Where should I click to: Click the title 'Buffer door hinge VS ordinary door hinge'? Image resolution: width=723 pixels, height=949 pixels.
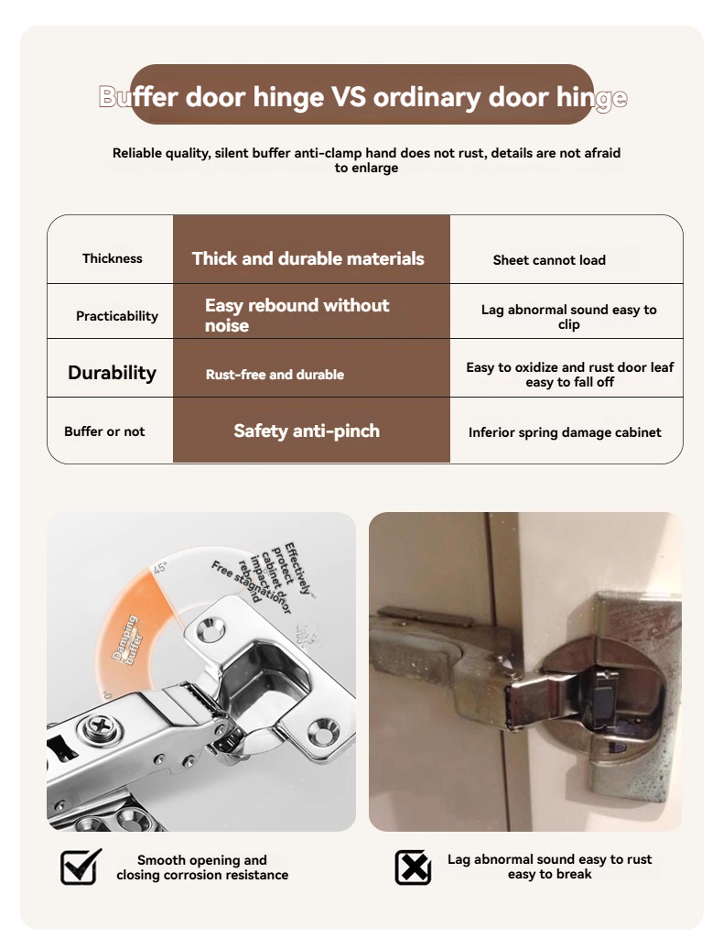click(x=362, y=96)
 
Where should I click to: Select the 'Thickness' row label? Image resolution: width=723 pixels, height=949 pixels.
click(x=113, y=258)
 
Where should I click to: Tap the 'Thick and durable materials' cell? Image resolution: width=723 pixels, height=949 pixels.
click(x=308, y=258)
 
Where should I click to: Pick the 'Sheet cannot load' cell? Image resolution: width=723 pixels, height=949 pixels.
click(x=549, y=260)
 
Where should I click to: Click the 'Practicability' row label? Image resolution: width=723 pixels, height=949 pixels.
click(x=117, y=316)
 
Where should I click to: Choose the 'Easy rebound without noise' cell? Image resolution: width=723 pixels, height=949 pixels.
click(x=297, y=315)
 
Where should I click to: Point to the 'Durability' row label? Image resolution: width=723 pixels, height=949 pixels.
click(x=112, y=373)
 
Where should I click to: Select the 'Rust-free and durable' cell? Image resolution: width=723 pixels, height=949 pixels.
click(x=275, y=375)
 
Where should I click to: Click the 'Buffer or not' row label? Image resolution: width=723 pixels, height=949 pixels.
click(x=104, y=431)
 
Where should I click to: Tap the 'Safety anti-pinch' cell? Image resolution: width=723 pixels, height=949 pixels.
click(x=307, y=431)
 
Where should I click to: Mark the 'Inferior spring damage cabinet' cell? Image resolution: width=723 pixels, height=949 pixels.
click(x=565, y=432)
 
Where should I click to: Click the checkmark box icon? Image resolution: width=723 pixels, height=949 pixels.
click(x=81, y=867)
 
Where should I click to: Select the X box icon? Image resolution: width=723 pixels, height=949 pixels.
click(x=413, y=867)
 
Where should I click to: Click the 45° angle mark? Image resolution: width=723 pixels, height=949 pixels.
click(x=161, y=568)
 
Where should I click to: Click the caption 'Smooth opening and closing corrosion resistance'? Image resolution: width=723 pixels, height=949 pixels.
click(x=202, y=867)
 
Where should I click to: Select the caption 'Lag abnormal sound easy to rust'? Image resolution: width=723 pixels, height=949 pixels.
click(x=550, y=867)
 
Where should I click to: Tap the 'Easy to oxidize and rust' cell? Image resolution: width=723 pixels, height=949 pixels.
click(x=569, y=374)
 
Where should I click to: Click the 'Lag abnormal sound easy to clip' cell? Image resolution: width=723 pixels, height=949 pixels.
click(x=568, y=317)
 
